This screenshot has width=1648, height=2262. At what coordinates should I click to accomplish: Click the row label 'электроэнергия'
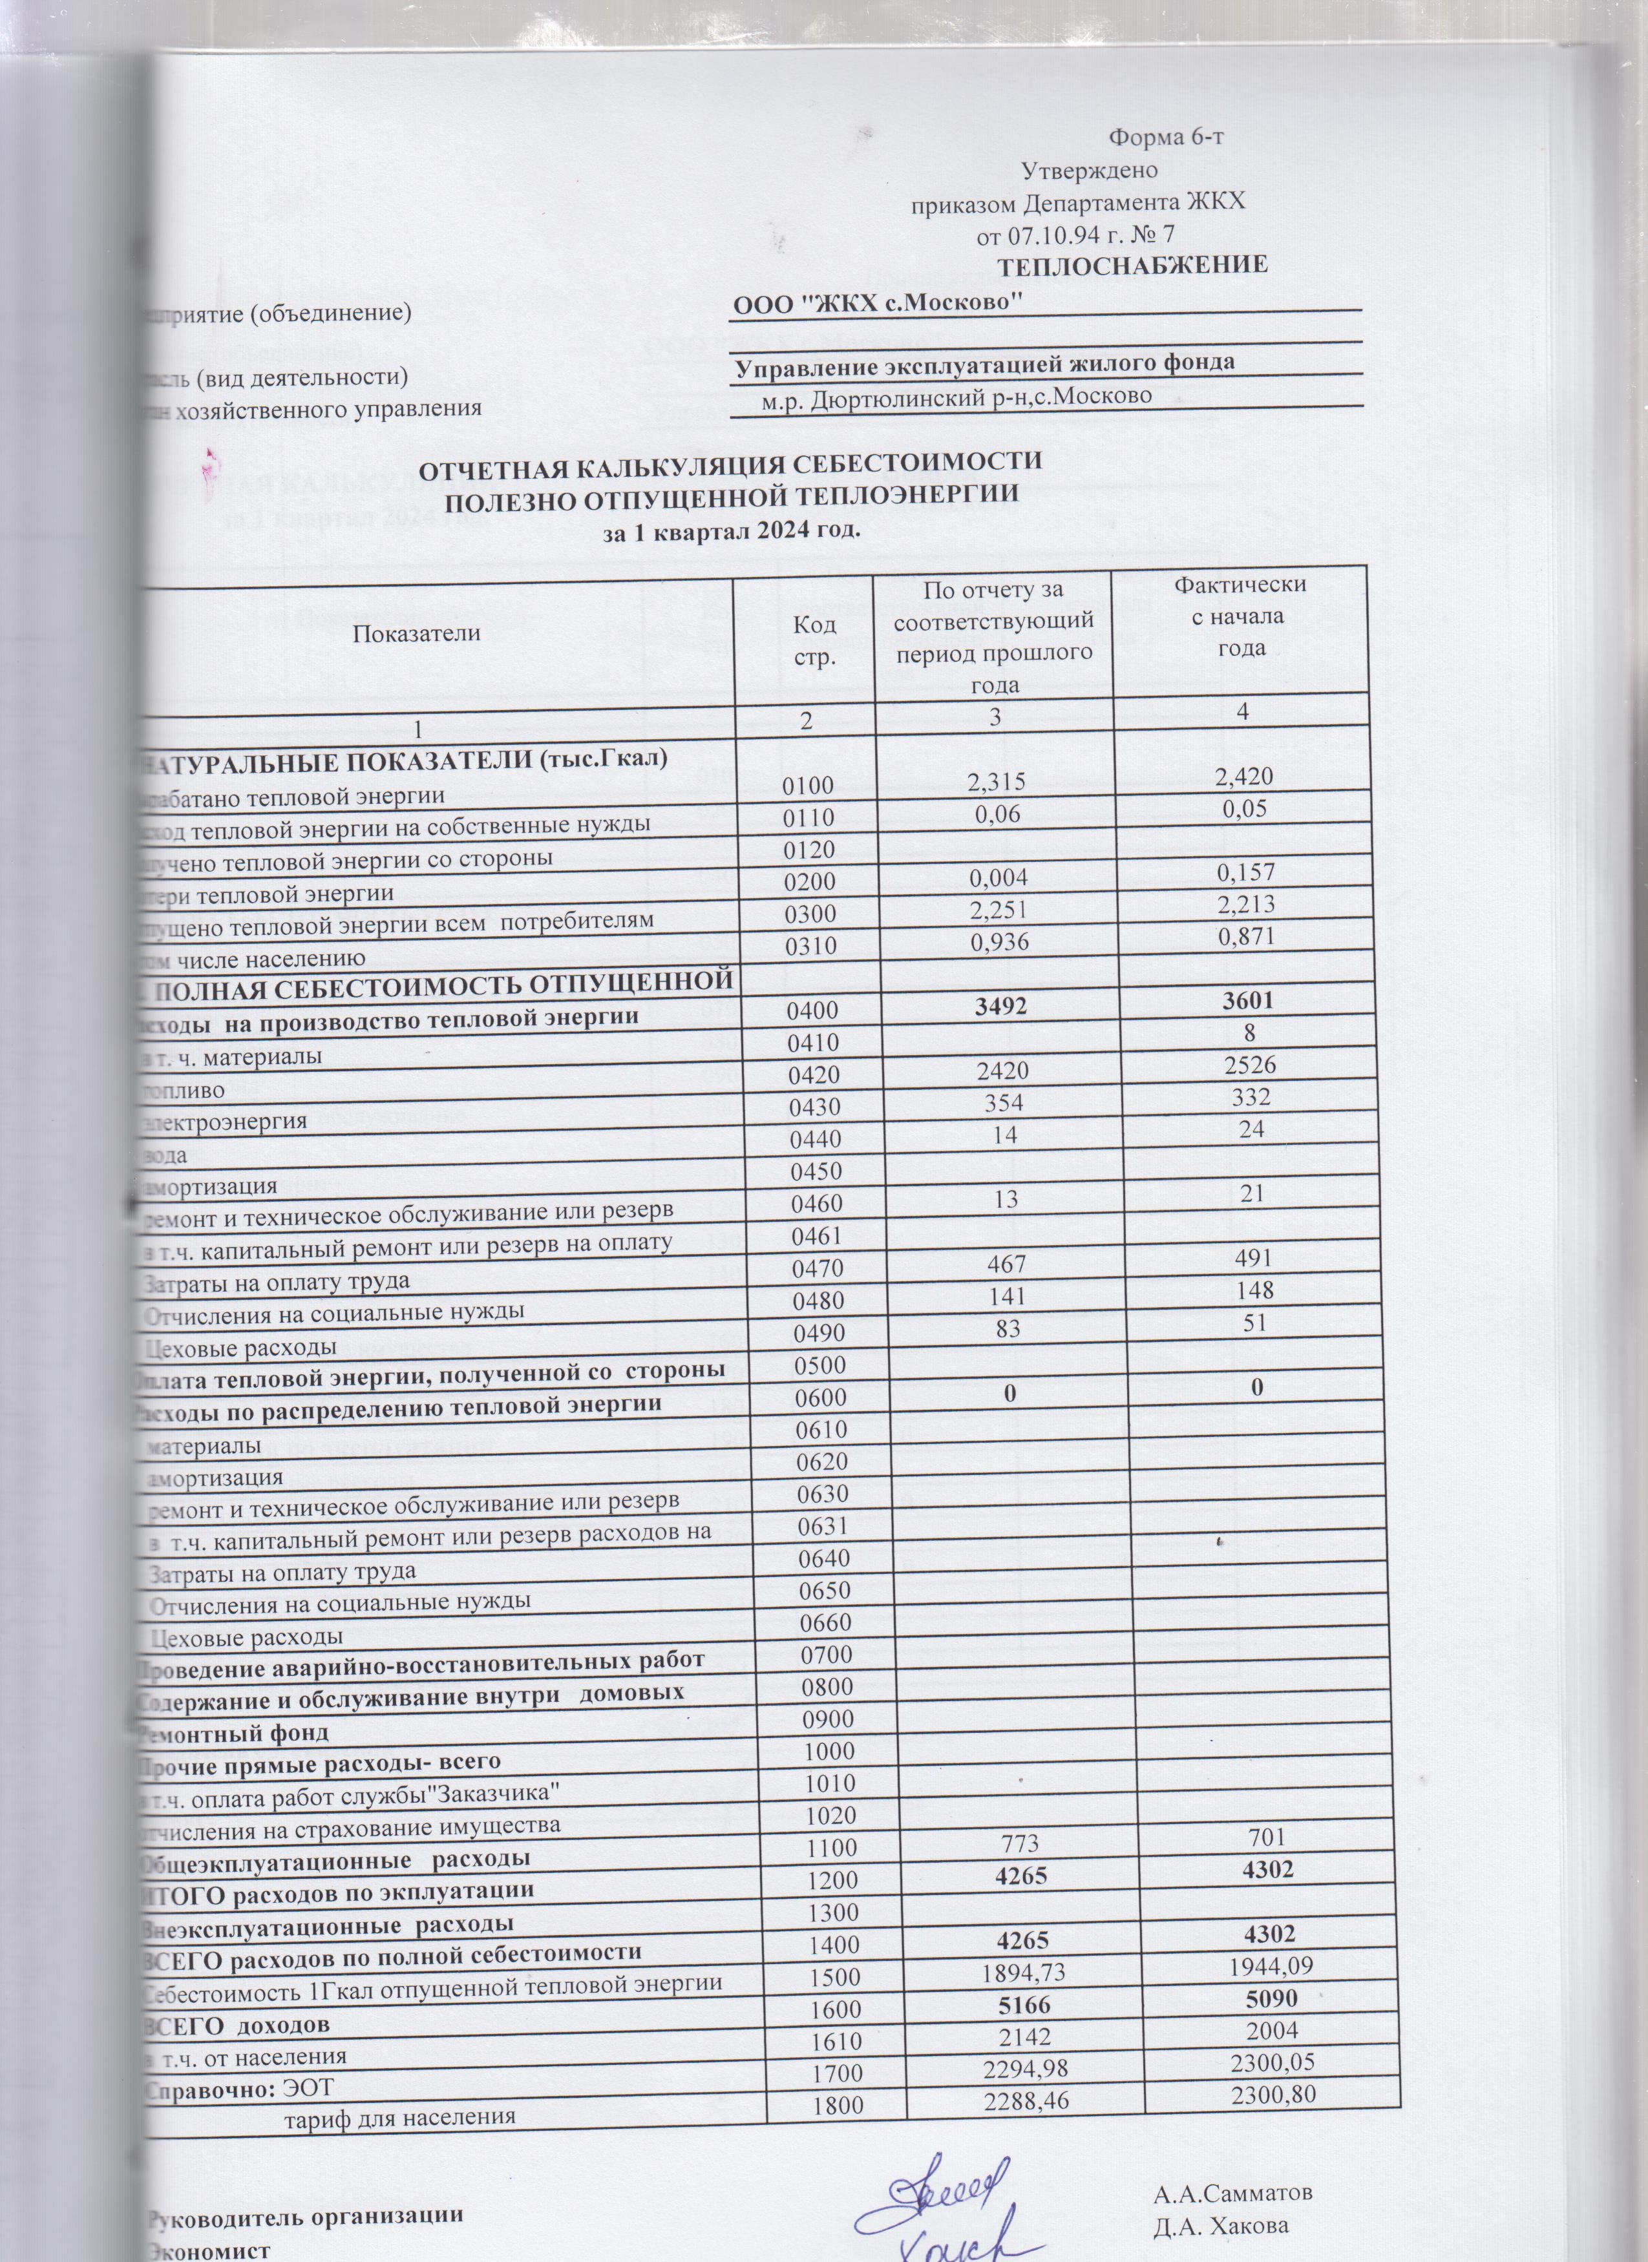point(224,1121)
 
